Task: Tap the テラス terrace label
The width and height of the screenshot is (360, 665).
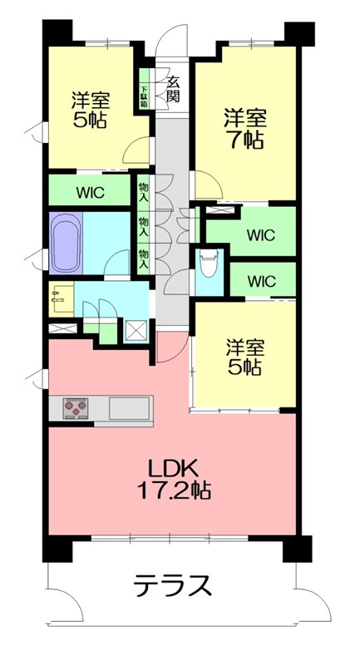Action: pos(172,587)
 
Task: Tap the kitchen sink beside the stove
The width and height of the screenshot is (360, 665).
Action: pos(129,408)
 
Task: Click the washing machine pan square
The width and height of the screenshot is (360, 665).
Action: pos(135,330)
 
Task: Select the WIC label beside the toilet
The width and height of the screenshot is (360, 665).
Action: pos(261,279)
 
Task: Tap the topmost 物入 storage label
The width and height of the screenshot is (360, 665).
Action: pos(143,193)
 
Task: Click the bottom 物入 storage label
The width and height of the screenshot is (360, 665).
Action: pos(143,258)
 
